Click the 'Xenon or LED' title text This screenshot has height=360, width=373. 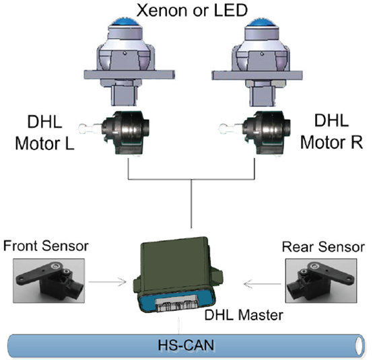point(192,10)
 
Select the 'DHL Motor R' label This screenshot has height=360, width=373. point(331,131)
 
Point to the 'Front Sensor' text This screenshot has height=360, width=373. point(46,246)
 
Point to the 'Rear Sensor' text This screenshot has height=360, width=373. point(323,247)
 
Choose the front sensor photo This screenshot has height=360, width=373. point(48,281)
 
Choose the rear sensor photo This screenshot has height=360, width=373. point(321,281)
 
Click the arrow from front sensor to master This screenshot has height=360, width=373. point(108,282)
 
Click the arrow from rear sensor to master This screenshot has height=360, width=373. point(263,284)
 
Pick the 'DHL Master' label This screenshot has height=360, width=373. point(244,315)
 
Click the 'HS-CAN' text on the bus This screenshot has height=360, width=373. point(186,345)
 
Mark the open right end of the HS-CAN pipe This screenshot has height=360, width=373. point(360,345)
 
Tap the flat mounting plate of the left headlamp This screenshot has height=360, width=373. point(129,75)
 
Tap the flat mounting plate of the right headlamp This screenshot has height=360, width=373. point(257,75)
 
